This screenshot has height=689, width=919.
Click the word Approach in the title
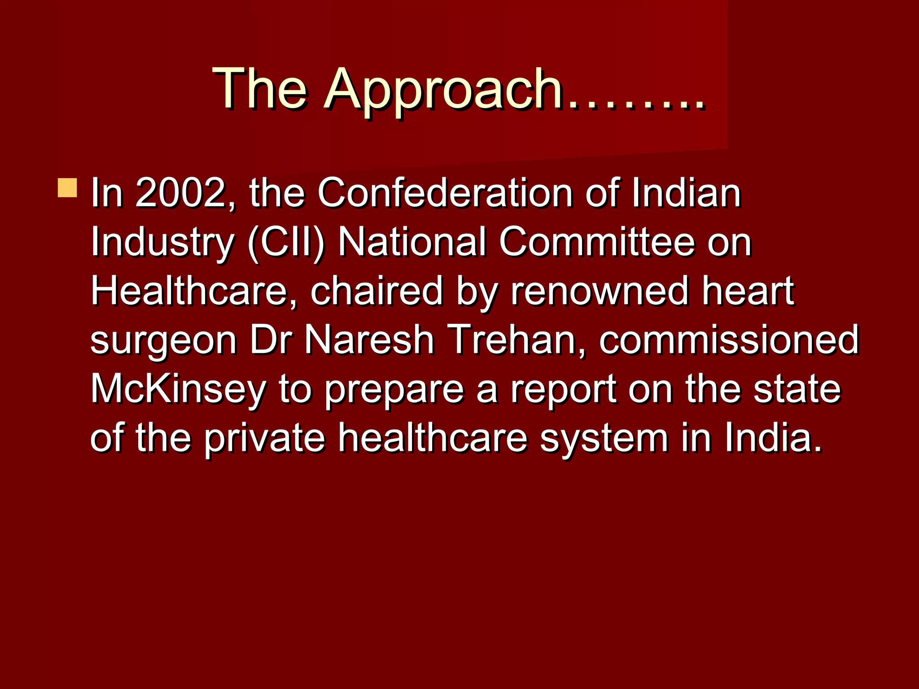tap(443, 90)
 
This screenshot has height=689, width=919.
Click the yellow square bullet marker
tap(67, 188)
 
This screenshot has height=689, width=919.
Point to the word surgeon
tap(163, 341)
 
